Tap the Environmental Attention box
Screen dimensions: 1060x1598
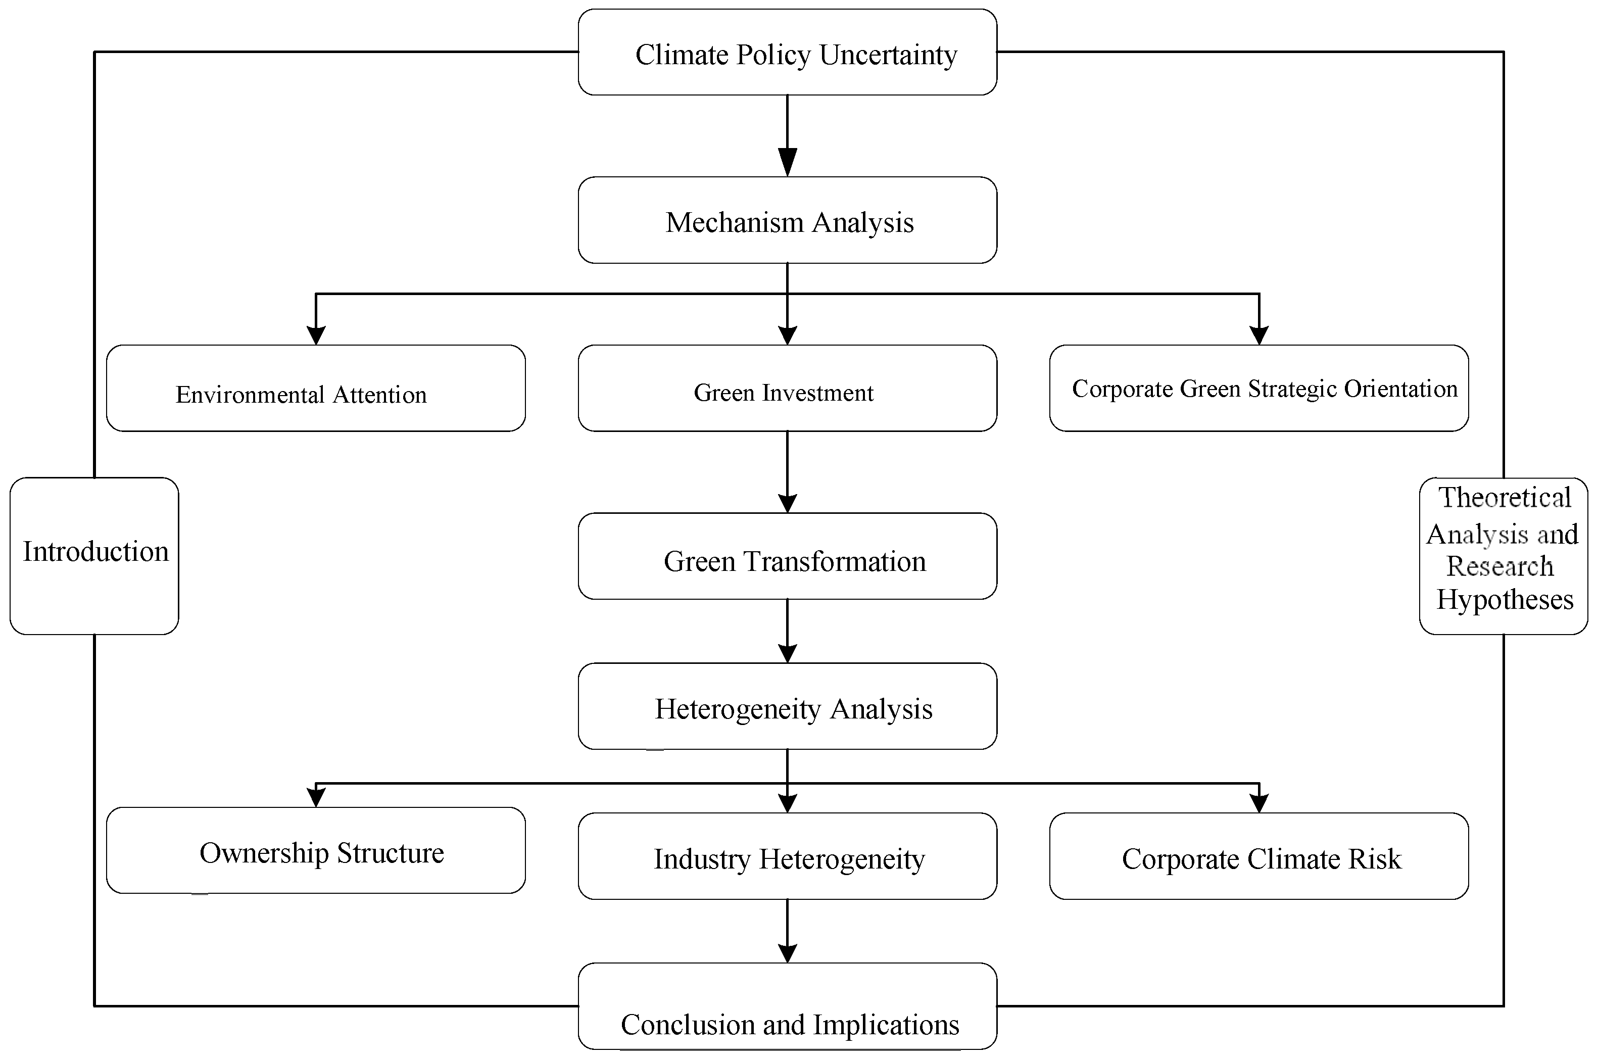click(x=316, y=389)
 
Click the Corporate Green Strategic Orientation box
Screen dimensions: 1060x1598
click(x=1258, y=389)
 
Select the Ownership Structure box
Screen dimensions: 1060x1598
click(x=316, y=850)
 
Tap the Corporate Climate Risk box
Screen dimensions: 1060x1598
click(x=1258, y=856)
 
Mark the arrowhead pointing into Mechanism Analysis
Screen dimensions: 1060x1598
click(x=788, y=162)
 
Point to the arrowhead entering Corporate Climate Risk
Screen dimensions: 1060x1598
click(x=1258, y=802)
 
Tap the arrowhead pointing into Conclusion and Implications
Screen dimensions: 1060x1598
click(x=788, y=952)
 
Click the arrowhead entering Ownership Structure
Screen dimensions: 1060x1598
click(x=316, y=798)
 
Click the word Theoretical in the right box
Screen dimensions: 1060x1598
click(x=1505, y=498)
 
